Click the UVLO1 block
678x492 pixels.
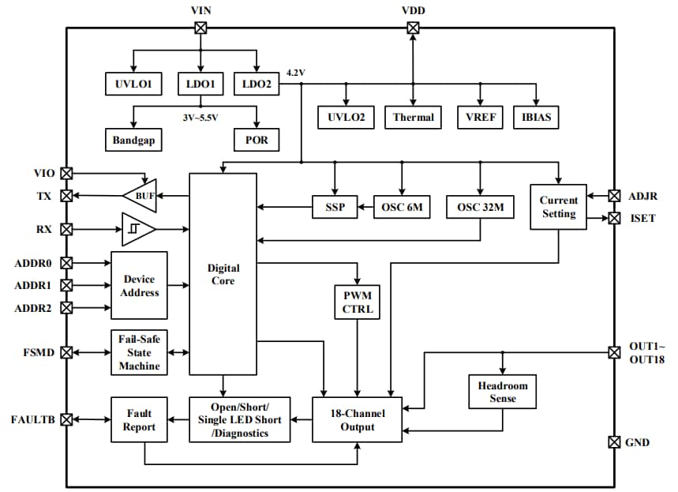click(133, 84)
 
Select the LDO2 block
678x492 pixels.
click(257, 84)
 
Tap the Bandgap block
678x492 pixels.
click(133, 140)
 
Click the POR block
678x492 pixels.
click(257, 140)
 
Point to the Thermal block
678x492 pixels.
click(413, 117)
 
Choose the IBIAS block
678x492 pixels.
click(536, 117)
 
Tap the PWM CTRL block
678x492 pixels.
click(358, 302)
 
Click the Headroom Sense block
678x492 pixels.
click(502, 392)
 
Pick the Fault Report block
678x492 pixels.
click(138, 419)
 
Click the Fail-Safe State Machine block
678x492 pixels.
click(139, 351)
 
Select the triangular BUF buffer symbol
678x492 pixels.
click(140, 194)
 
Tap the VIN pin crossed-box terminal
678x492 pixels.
click(200, 28)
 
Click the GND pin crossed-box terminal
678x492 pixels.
click(614, 442)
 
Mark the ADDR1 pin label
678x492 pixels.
click(33, 285)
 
